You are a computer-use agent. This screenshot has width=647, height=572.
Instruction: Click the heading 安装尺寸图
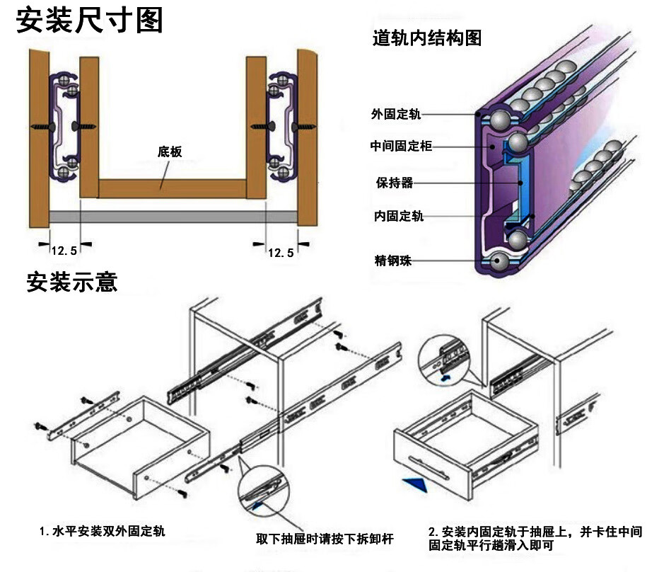(89, 21)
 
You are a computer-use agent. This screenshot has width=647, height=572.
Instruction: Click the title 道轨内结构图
(427, 38)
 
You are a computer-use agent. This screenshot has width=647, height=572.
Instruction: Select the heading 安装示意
(71, 282)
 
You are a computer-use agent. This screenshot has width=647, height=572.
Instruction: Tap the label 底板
(170, 151)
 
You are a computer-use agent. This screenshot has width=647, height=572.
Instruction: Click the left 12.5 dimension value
(64, 251)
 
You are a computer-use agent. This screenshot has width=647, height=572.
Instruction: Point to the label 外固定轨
(395, 114)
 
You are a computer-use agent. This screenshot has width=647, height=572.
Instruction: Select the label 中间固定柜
(400, 147)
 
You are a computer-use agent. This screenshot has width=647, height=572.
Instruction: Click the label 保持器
(395, 183)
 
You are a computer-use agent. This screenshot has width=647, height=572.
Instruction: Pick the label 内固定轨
(399, 217)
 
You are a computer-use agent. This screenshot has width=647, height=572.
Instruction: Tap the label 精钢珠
(393, 261)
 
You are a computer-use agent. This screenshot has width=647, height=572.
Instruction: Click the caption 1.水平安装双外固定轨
(102, 530)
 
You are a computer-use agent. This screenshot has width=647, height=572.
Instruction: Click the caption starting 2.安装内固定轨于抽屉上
(535, 538)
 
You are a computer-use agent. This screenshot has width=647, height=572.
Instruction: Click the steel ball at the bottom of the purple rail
(499, 263)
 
